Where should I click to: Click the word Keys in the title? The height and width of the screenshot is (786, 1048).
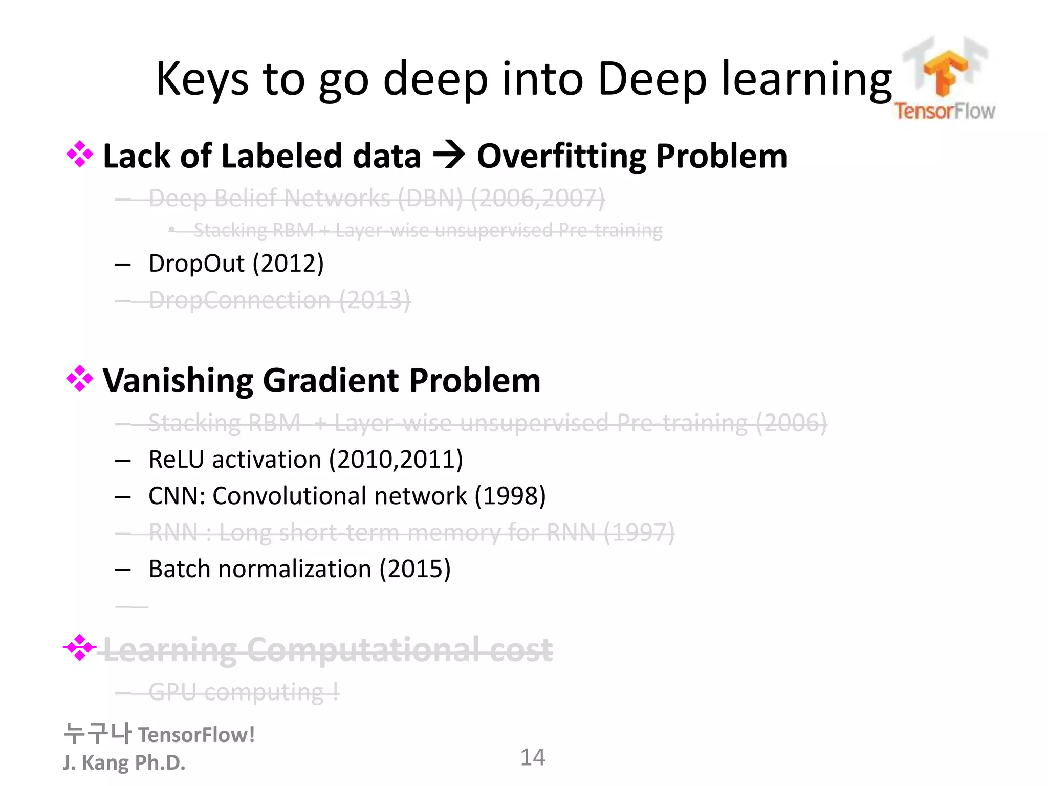pyautogui.click(x=202, y=79)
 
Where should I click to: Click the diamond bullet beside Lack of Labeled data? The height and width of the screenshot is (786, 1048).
pyautogui.click(x=80, y=155)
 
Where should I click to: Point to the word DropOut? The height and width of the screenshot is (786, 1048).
pyautogui.click(x=196, y=264)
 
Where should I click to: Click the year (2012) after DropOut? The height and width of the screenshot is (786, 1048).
pyautogui.click(x=289, y=264)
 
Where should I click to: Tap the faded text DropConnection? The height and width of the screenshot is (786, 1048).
pyautogui.click(x=239, y=300)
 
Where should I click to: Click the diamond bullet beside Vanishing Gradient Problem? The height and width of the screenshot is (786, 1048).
pyautogui.click(x=80, y=379)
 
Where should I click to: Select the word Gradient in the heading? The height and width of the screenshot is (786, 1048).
pyautogui.click(x=331, y=381)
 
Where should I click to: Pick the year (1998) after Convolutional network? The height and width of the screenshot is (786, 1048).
pyautogui.click(x=510, y=496)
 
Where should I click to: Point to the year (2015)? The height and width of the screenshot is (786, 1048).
pyautogui.click(x=415, y=569)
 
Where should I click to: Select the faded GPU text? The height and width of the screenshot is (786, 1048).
pyautogui.click(x=172, y=692)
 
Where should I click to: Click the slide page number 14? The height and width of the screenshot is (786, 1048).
pyautogui.click(x=532, y=758)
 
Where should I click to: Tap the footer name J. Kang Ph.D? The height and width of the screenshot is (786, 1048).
pyautogui.click(x=124, y=763)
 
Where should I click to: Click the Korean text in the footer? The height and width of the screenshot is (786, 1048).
pyautogui.click(x=98, y=734)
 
